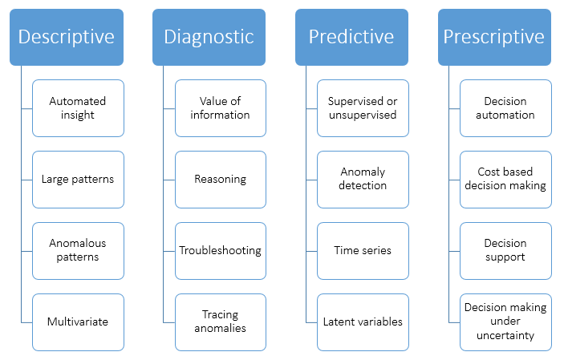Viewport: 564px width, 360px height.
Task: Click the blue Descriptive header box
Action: coord(67,37)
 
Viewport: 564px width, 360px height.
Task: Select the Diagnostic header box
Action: coord(209,37)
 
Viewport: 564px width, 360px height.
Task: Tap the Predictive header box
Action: coord(352,37)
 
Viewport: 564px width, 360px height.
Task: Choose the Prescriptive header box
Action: coord(494,37)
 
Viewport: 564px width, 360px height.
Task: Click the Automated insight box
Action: coord(78,108)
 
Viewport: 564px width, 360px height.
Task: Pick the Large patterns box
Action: coord(78,179)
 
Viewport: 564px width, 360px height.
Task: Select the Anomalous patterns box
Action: coord(78,250)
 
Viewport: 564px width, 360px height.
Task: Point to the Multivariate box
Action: coord(78,322)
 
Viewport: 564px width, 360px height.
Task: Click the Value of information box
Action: coord(220,108)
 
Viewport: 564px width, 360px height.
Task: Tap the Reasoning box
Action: coord(220,179)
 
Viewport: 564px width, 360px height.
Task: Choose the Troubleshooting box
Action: coord(220,250)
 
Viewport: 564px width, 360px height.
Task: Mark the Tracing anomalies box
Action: coord(220,322)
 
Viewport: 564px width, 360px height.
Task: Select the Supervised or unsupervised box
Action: coord(363,108)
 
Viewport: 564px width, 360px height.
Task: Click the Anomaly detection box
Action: coord(363,179)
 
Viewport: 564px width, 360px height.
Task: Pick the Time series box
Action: coord(363,250)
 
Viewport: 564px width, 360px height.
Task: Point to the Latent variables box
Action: coord(363,322)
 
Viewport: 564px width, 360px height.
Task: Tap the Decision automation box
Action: coord(505,108)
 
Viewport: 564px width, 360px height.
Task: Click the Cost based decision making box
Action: coord(505,179)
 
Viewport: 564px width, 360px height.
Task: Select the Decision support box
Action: coord(505,250)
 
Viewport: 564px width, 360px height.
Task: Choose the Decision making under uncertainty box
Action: coord(505,322)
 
